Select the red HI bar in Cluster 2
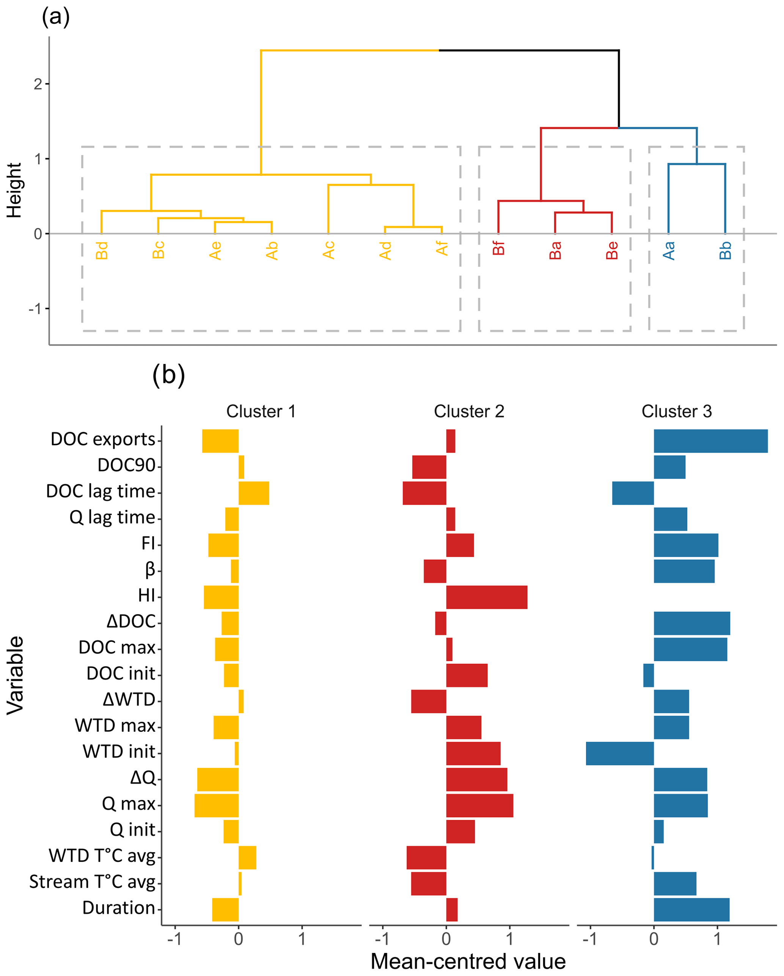pyautogui.click(x=487, y=597)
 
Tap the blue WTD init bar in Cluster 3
pyautogui.click(x=620, y=753)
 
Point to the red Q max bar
pyautogui.click(x=479, y=805)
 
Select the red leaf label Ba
pyautogui.click(x=555, y=250)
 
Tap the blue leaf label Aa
pyautogui.click(x=669, y=250)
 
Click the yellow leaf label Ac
pyautogui.click(x=328, y=250)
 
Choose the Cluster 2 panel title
pyautogui.click(x=469, y=411)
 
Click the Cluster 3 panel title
pyautogui.click(x=676, y=411)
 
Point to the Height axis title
pyautogui.click(x=14, y=190)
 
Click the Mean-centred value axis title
pyautogui.click(x=468, y=962)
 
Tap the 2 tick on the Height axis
pyautogui.click(x=38, y=84)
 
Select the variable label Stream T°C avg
pyautogui.click(x=92, y=882)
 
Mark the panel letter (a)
pyautogui.click(x=56, y=17)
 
